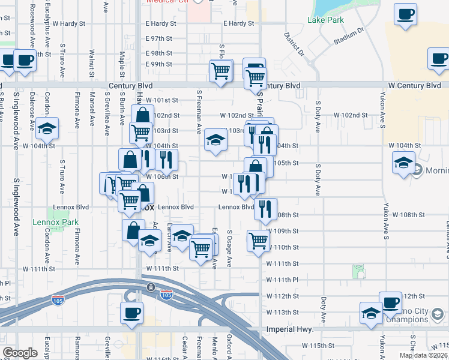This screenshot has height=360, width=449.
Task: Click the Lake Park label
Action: click(325, 20)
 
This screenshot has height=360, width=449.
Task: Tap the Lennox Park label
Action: click(65, 223)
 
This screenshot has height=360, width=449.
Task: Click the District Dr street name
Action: click(295, 43)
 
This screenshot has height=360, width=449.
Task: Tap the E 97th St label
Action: click(158, 38)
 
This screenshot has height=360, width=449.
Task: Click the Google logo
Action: click(20, 353)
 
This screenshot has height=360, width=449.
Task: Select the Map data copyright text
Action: click(423, 355)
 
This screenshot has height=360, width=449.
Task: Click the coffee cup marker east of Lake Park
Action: click(406, 13)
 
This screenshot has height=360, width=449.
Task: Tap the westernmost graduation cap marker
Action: click(47, 128)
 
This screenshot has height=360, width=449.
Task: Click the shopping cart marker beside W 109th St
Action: click(258, 240)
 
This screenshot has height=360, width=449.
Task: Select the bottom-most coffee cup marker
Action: click(131, 313)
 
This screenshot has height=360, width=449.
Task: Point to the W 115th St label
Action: click(318, 346)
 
